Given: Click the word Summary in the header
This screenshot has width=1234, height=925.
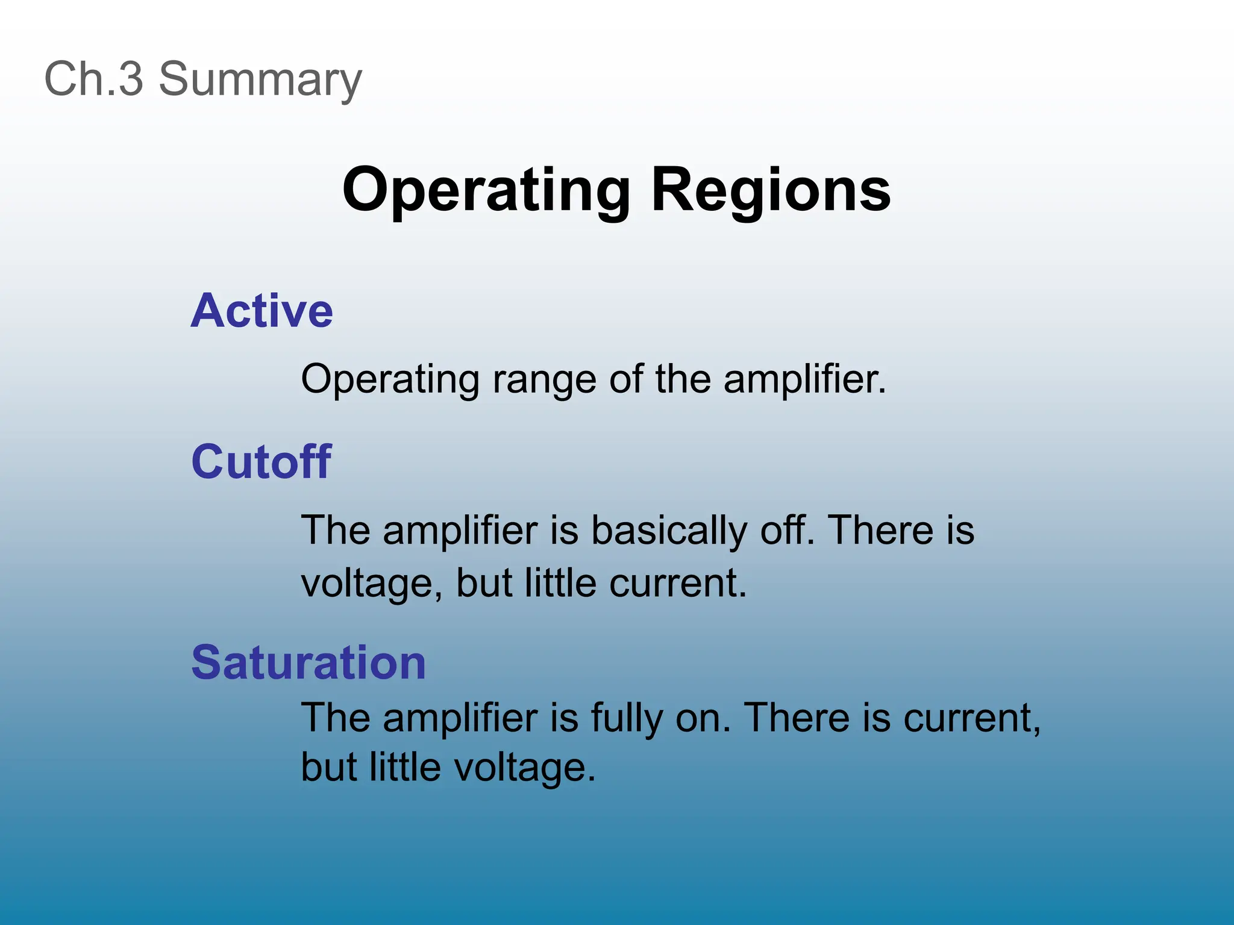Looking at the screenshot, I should coord(260,80).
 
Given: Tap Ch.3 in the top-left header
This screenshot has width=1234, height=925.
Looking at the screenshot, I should coord(94,79).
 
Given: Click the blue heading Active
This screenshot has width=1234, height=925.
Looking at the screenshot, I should coord(262,311).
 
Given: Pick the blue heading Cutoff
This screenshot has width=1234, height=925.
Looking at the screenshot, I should coord(261,462).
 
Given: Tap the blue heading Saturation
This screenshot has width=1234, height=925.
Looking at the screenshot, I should coord(308,662).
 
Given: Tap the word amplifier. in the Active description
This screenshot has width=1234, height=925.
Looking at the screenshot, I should coord(804,379).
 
